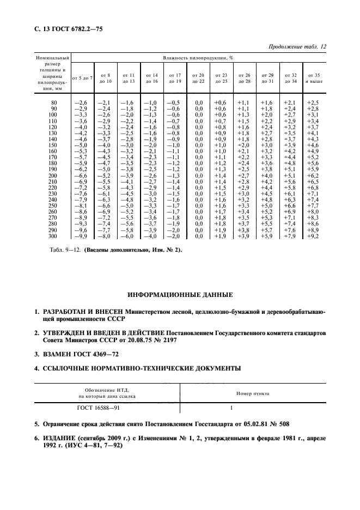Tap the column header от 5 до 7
point(82,77)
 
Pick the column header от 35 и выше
point(314,77)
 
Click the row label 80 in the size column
point(53,102)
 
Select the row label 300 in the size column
point(52,236)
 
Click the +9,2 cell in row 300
point(313,236)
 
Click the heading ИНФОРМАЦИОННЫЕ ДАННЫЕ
point(180,295)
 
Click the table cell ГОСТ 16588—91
point(99,406)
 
